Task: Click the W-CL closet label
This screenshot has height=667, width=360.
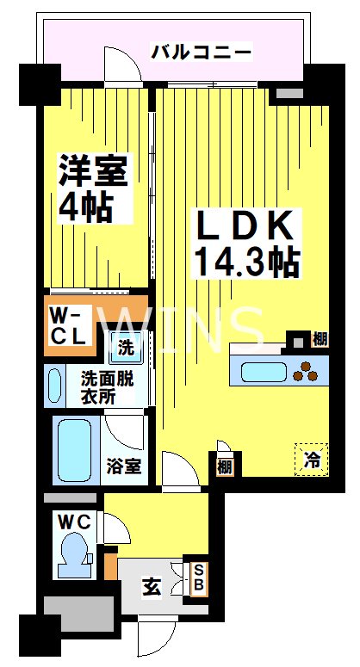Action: pos(67,327)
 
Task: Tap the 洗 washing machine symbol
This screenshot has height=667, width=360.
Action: pos(126,349)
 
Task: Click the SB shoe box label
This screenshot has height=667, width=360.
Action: pos(197,577)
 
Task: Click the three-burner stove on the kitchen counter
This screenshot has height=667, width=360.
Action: pos(305,371)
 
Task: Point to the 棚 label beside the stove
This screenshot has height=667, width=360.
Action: pos(320,338)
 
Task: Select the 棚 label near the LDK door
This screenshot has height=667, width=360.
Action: pos(224,465)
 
